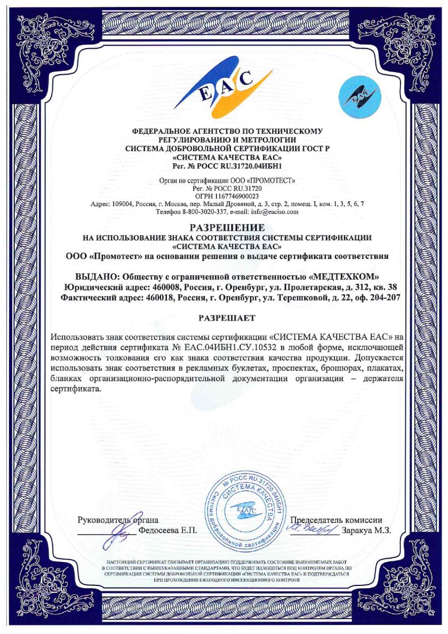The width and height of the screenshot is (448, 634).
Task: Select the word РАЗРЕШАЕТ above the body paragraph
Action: (227, 318)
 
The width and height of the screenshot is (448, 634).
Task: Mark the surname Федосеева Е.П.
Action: (167, 530)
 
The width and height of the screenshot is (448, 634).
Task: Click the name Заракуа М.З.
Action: (367, 530)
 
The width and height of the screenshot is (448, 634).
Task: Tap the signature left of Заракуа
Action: (312, 527)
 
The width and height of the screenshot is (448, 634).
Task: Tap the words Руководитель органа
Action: (118, 520)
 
